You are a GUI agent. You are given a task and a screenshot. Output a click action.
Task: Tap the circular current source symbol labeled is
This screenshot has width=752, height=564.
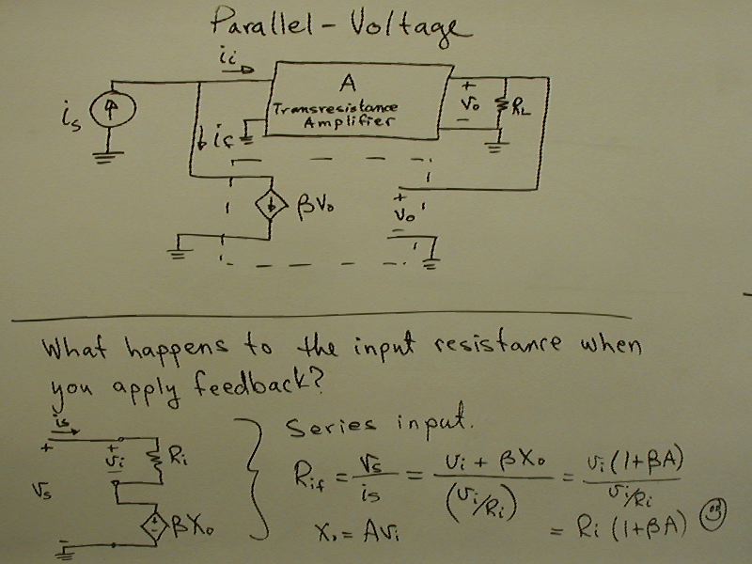tap(110, 110)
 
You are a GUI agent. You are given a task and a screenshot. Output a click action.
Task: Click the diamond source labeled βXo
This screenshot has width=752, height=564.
tap(153, 522)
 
